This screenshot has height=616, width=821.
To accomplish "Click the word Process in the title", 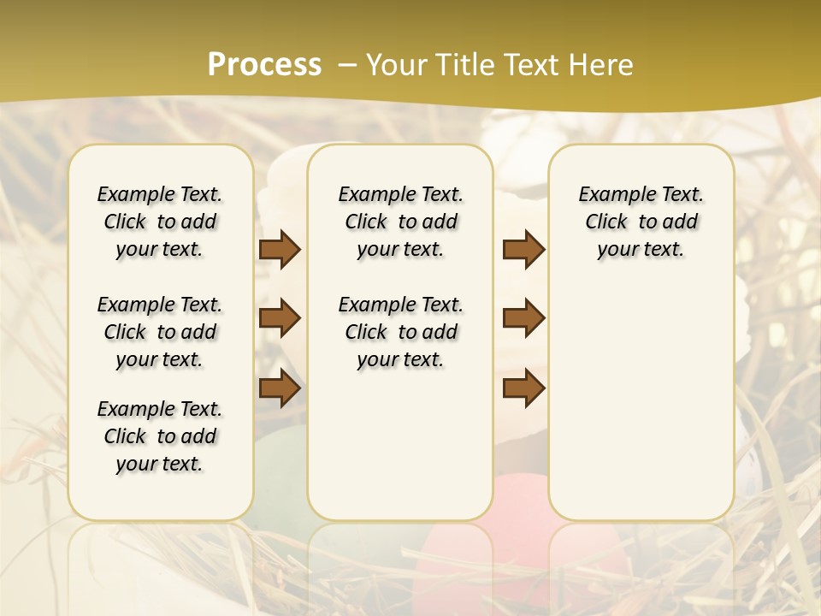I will point(264,65).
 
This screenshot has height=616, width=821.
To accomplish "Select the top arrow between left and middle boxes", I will point(280,249).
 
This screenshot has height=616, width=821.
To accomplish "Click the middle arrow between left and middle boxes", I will point(280,318).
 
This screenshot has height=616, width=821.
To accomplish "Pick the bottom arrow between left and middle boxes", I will point(280,388).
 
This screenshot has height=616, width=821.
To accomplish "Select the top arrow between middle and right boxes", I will point(523,249).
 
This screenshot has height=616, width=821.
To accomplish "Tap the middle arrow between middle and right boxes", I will point(523,318).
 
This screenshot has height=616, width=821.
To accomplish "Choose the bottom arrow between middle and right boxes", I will point(523,388).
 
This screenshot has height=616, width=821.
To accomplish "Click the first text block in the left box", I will point(160,222).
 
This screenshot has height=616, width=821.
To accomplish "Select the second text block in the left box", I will point(160,332).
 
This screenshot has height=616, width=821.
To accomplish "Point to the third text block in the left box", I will point(160,436).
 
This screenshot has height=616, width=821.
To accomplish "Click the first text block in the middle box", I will point(401,222).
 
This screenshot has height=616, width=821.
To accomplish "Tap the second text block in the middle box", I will point(401,332).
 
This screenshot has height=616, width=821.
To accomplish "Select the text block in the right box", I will point(641,222).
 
